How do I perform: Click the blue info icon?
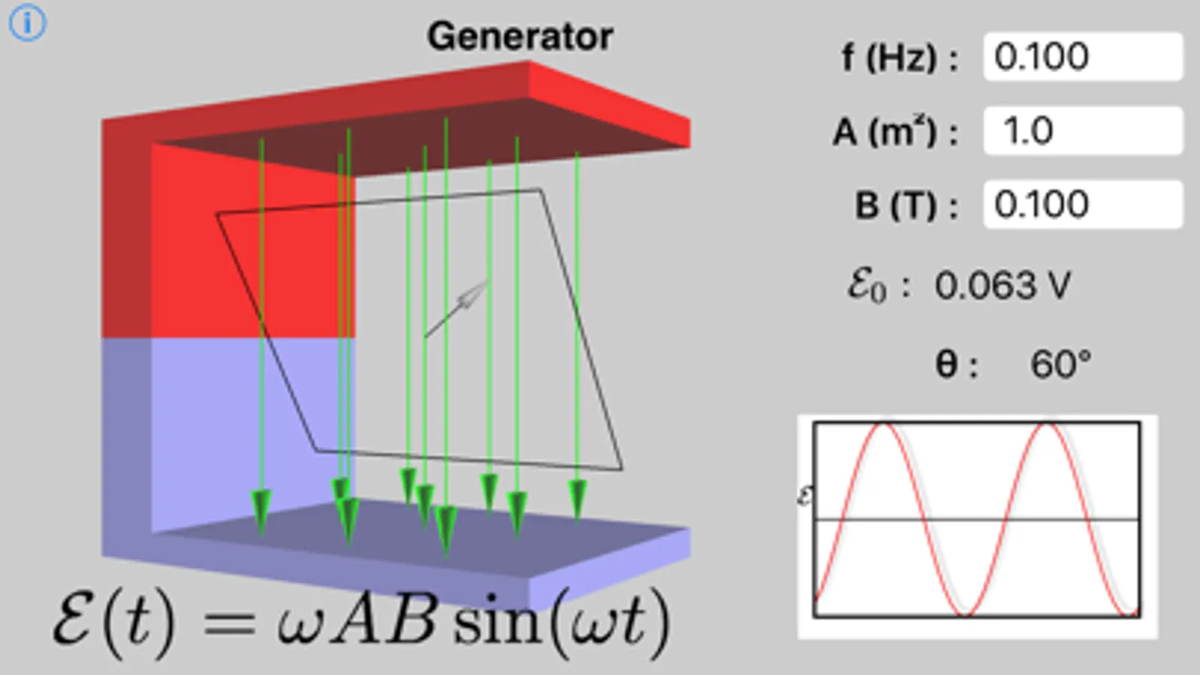click(28, 23)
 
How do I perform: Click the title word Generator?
click(520, 36)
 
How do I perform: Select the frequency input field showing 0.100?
click(1083, 56)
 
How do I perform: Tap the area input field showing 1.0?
click(1083, 130)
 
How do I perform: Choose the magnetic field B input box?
click(1083, 204)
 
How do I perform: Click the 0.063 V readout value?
click(1003, 286)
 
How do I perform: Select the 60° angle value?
click(1060, 364)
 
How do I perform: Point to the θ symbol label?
click(948, 364)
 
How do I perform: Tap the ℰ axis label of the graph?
click(805, 496)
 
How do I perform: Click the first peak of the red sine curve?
click(884, 425)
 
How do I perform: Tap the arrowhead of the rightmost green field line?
click(577, 499)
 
